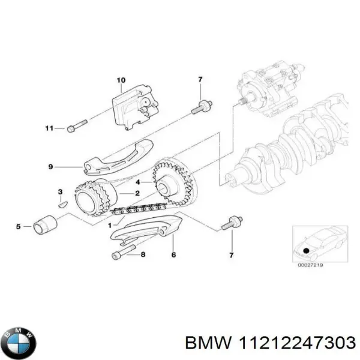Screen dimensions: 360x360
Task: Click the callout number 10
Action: (121, 80)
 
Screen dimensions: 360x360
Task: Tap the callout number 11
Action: (50, 128)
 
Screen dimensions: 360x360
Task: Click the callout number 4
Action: (139, 182)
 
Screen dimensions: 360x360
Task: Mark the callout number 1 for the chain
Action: (109, 225)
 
